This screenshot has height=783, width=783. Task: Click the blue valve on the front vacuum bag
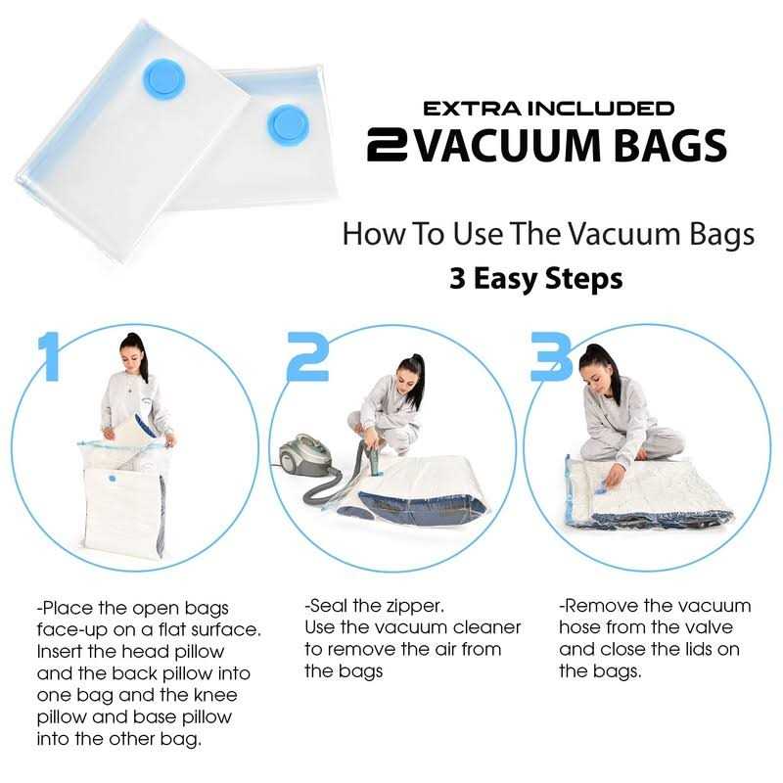[x=163, y=80]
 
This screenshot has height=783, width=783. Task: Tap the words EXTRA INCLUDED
[x=548, y=109]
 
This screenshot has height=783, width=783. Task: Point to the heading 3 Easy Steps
[x=535, y=278]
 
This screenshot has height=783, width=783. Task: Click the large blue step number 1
[x=48, y=356]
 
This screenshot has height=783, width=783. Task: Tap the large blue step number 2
[x=308, y=356]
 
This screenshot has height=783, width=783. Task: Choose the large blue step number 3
[x=551, y=356]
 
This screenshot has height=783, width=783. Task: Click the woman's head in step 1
[x=133, y=353]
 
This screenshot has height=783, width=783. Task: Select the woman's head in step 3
[x=596, y=370]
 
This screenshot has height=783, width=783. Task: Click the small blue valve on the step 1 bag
[x=112, y=478]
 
